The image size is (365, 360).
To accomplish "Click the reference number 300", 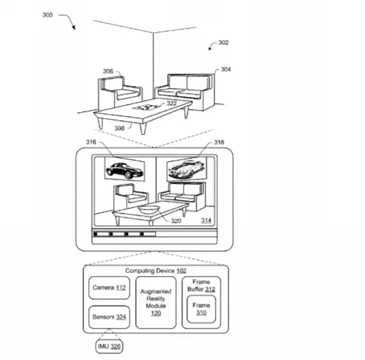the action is click(x=48, y=15).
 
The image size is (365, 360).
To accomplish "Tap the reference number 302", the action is click(x=224, y=42).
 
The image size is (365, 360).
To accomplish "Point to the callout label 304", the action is click(x=226, y=69).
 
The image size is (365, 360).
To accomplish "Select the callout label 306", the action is click(x=108, y=71).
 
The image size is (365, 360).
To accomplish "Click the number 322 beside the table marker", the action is click(x=171, y=103).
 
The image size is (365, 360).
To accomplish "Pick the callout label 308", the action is click(x=119, y=128).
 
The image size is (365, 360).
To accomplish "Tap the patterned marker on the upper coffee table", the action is click(x=145, y=107).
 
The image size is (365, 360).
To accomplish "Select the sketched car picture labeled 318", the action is click(x=186, y=169).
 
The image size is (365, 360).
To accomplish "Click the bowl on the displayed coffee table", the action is click(x=149, y=209).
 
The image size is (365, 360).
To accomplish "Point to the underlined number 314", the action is click(x=206, y=221).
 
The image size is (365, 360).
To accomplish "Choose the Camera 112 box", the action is click(x=109, y=288).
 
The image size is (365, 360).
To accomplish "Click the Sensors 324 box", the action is click(x=109, y=317).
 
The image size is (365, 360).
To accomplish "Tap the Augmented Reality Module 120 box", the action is click(x=156, y=303).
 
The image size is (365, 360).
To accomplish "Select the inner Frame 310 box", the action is click(x=201, y=309).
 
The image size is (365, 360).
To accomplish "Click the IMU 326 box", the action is click(x=109, y=346).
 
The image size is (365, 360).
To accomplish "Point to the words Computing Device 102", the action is click(x=156, y=271).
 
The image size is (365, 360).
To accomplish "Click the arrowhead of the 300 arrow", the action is click(x=74, y=28).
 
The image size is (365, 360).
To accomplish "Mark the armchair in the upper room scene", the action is click(x=120, y=93).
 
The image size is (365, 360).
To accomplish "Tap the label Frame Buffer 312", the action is click(x=201, y=286).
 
